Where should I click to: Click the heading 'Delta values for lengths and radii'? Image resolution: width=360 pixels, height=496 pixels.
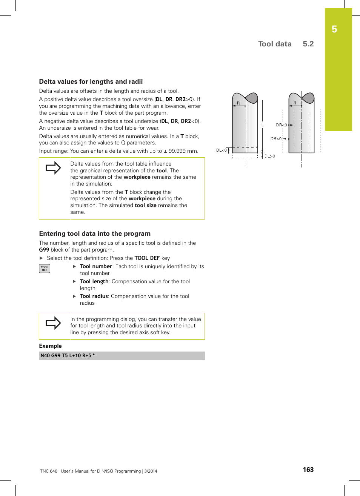91,81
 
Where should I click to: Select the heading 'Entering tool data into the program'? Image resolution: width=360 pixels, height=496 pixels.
95,233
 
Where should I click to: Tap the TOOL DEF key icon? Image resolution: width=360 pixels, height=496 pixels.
45,269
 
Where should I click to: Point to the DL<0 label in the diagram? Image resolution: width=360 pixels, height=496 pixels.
221,150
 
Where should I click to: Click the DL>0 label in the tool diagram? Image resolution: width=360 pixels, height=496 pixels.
269,156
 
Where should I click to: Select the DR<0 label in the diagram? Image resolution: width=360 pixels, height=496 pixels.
281,125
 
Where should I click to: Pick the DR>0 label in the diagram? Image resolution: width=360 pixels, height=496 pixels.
276,139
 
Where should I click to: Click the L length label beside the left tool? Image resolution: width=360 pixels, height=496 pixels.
263,125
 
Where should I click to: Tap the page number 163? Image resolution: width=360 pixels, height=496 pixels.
308,470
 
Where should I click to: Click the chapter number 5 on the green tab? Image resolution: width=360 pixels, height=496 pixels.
334,29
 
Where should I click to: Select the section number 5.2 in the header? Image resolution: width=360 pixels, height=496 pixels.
308,44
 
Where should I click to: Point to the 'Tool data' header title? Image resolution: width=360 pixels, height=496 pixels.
275,44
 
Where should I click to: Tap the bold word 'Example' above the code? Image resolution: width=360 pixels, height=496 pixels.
50,346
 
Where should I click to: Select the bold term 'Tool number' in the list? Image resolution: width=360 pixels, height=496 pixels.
96,266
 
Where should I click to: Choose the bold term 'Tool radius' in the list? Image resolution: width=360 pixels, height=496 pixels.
94,296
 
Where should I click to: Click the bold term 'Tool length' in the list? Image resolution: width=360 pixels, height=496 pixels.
94,281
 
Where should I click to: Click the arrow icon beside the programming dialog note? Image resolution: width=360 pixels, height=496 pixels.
53,323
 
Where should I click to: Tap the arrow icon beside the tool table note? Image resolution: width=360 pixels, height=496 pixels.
53,167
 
